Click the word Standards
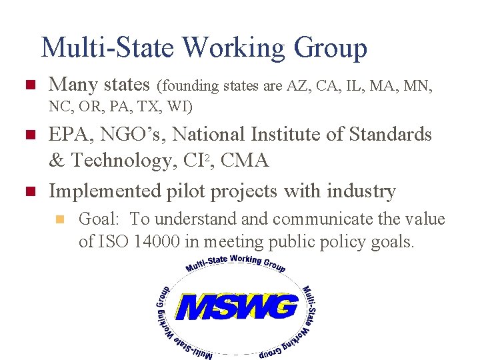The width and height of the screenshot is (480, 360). click(392, 135)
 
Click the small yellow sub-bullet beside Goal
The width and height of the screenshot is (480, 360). click(62, 219)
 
